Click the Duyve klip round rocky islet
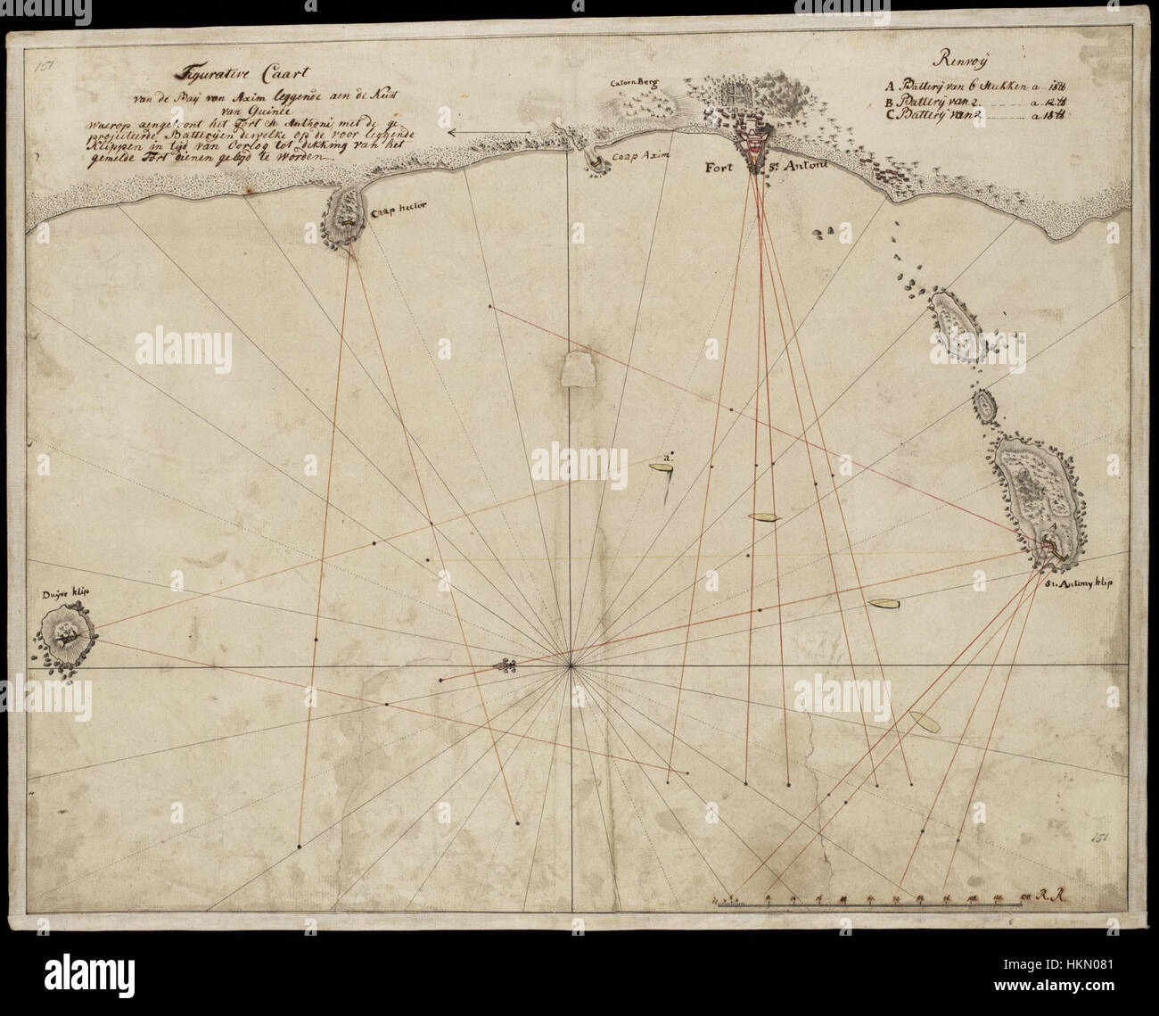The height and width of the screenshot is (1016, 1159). coord(65,635)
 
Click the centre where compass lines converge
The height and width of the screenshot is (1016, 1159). coord(571,665)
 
